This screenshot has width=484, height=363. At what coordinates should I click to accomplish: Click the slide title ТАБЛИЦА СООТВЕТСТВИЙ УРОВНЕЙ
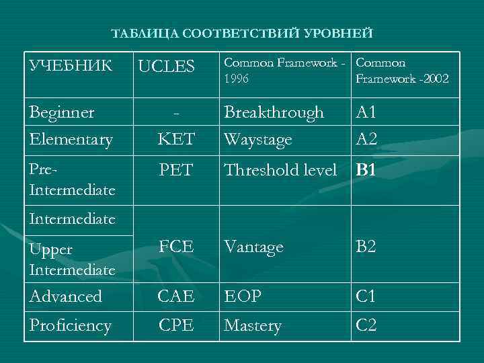click(241, 33)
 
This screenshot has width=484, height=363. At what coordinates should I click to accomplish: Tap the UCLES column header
click(166, 66)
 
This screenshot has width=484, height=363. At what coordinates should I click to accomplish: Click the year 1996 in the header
click(237, 79)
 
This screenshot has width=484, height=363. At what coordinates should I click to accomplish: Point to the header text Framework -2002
click(402, 79)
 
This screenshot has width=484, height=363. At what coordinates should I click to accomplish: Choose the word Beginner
click(62, 112)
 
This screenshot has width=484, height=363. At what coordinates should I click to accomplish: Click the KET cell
click(176, 140)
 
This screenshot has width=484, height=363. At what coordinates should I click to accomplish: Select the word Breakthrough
click(274, 112)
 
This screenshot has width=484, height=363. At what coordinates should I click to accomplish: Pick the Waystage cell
click(258, 140)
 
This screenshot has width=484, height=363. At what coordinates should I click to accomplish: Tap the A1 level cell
click(366, 112)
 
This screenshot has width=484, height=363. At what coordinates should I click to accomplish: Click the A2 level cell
click(366, 140)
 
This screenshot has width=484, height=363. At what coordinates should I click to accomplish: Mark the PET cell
click(176, 170)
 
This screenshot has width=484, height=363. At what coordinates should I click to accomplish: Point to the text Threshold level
click(280, 170)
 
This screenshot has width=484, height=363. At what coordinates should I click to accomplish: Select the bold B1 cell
click(366, 170)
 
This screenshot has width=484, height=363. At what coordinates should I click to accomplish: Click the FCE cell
click(176, 247)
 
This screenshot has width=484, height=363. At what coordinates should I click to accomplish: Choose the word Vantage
click(253, 247)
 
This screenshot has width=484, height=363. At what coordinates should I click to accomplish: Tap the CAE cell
click(176, 296)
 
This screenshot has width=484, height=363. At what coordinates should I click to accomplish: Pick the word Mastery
click(252, 326)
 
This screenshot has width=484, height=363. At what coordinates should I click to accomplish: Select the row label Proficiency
click(71, 326)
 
